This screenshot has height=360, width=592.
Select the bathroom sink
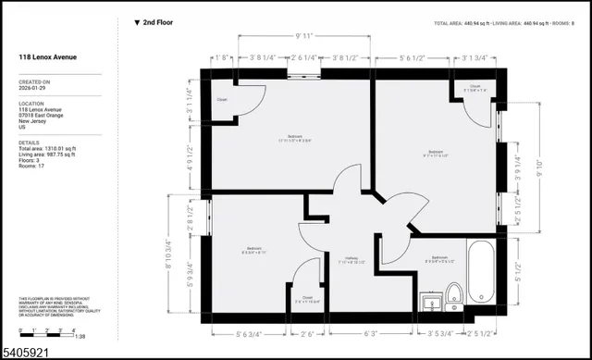click(431, 302)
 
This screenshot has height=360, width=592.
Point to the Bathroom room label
click(438, 259)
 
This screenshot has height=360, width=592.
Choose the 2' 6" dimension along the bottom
click(306, 333)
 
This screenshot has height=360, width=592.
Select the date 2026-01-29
click(34, 90)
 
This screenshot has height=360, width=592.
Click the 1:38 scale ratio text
click(81, 336)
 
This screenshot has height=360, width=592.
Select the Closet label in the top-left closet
click(222, 99)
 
